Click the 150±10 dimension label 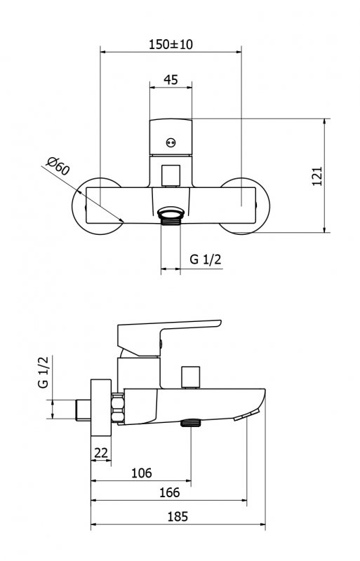(171, 43)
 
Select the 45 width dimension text (171, 79)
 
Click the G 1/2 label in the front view (206, 259)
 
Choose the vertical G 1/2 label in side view (44, 372)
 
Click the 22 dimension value (100, 453)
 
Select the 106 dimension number (142, 473)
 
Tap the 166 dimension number (169, 493)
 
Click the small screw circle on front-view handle (169, 142)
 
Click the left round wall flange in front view (91, 203)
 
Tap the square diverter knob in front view (171, 175)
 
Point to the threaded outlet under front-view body (171, 214)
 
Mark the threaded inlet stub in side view (82, 409)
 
